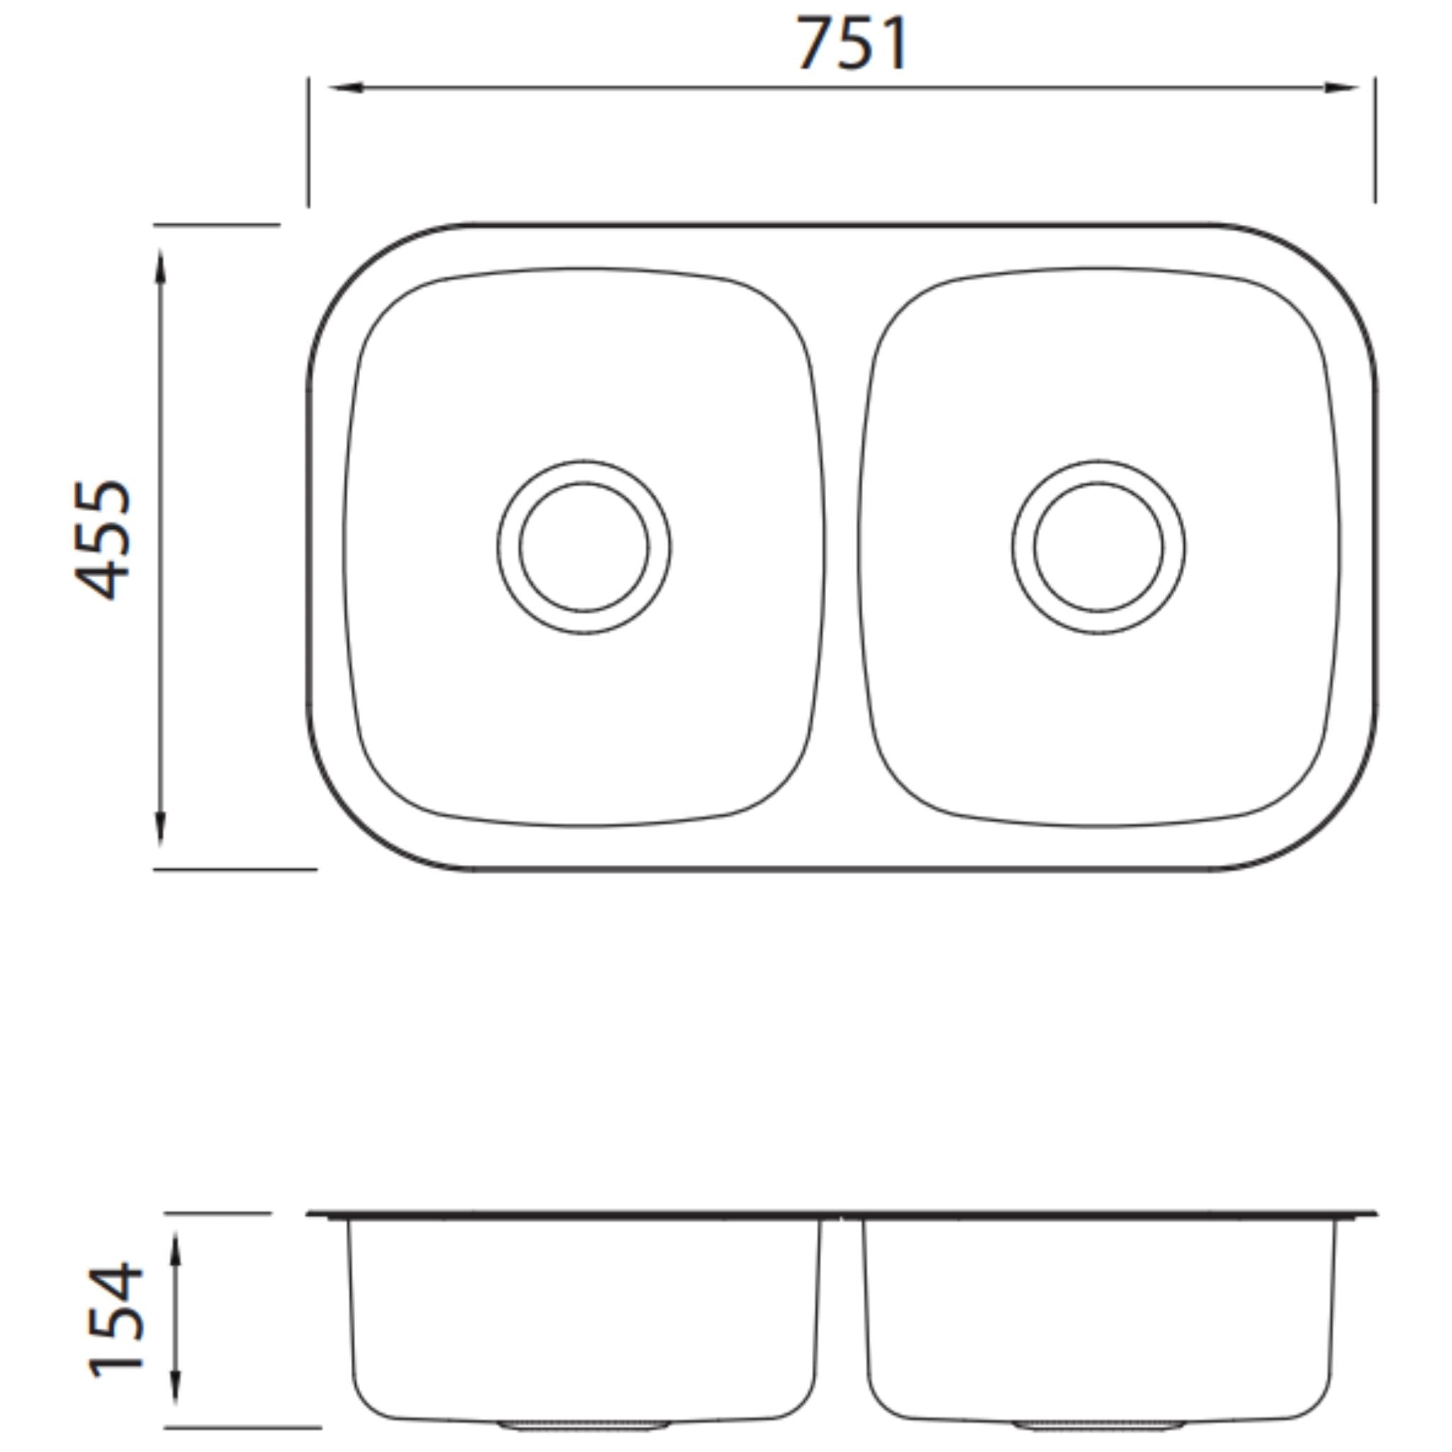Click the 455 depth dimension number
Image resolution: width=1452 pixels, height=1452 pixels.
pos(104,540)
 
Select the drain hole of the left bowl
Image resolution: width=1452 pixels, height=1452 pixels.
pos(584,547)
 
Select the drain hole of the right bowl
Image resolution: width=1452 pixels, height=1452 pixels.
pos(1098,547)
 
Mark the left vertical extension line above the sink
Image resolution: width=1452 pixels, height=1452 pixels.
pos(308,143)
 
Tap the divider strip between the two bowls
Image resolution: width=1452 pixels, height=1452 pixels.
pos(842,547)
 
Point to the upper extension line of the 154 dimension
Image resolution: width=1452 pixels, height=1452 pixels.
pos(218,1213)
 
